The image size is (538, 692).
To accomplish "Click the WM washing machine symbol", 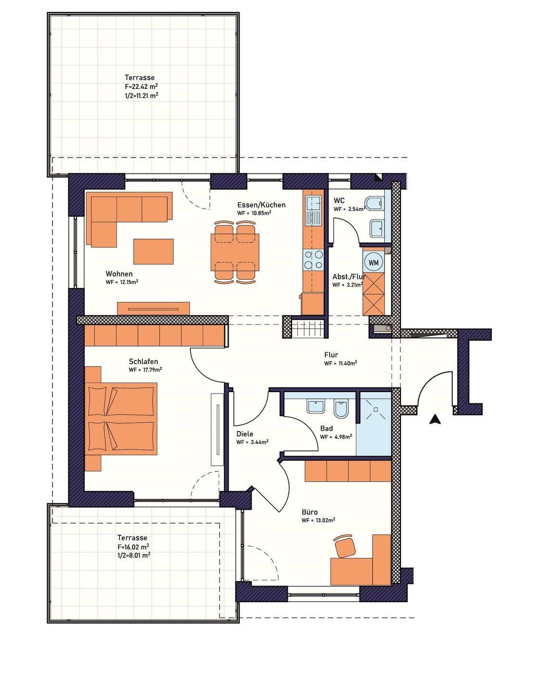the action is point(373,262).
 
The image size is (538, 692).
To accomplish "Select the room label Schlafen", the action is point(143,361).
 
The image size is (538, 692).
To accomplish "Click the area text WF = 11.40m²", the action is point(340,363).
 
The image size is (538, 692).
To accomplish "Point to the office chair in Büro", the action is point(345,545).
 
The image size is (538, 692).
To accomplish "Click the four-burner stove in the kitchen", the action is point(313,259).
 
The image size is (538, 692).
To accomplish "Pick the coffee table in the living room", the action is point(154,252).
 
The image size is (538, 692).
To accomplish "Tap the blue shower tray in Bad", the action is point(374,423).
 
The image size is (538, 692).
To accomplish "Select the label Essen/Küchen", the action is point(261,205).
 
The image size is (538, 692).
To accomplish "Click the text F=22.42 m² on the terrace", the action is point(141,86).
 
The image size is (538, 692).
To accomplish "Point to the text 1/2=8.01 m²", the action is point(134,555).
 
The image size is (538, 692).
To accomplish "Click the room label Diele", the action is point(245,434).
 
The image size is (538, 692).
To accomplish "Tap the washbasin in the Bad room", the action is point(316,407).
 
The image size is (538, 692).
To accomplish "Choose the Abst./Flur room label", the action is point(348,276).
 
